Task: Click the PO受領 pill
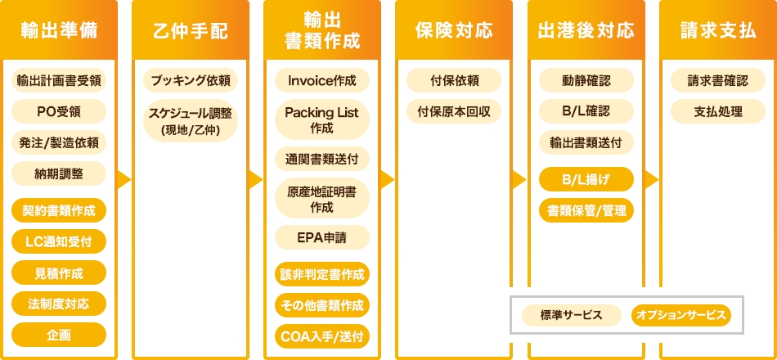pos(59,111)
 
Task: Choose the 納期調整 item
pos(59,173)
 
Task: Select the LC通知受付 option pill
pos(59,241)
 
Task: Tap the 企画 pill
pos(59,334)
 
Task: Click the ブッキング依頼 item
pos(191,80)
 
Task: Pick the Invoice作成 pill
pos(322,80)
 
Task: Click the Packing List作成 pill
pos(322,119)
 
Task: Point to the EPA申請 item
pos(322,237)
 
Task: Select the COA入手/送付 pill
pos(322,335)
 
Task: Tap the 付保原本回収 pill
pos(454,111)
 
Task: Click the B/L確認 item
pos(586,111)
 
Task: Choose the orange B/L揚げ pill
pos(586,178)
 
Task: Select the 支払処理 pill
pos(717,111)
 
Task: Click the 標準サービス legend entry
pos(571,315)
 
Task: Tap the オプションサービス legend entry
pos(680,315)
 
